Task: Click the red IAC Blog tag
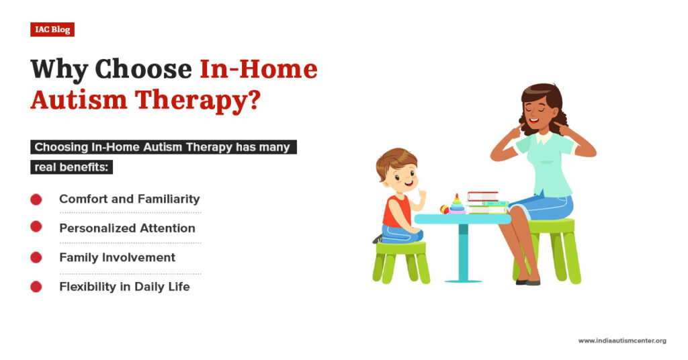point(52,30)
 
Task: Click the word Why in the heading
point(58,69)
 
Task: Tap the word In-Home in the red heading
point(259,69)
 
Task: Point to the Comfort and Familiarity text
point(129,199)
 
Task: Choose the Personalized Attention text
point(127,228)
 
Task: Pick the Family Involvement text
point(117,257)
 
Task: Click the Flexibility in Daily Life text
point(124,287)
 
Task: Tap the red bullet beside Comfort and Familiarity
point(36,199)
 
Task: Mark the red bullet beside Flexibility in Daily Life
point(36,287)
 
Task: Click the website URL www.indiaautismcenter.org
point(622,341)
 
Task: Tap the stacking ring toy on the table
point(457,204)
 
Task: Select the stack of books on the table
point(485,202)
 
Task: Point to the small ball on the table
point(444,209)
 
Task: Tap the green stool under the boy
point(401,259)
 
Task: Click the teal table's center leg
point(463,252)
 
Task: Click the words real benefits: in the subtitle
point(71,167)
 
